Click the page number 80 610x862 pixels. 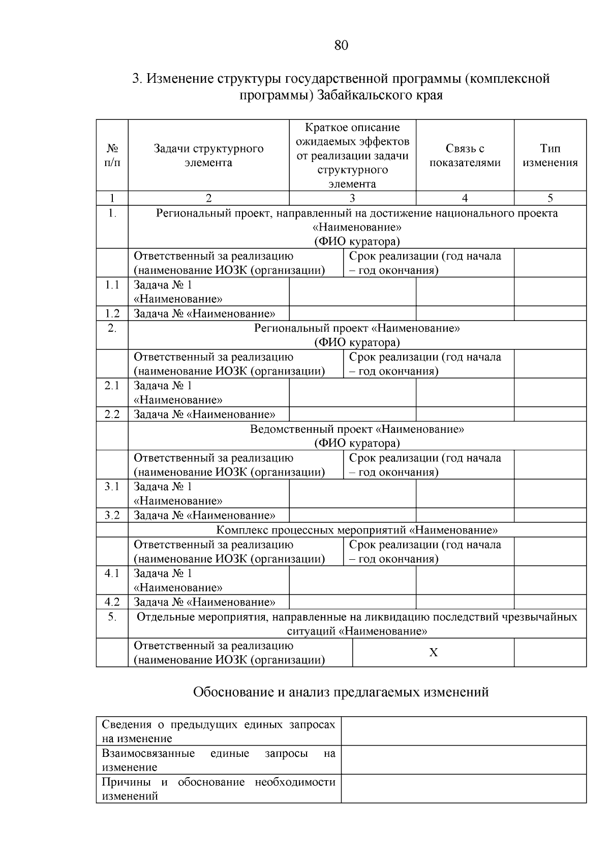(341, 46)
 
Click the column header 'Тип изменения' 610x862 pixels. (550, 155)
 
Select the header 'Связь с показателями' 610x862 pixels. (465, 155)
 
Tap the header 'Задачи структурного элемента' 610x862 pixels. (208, 155)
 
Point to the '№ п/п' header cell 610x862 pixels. (112, 155)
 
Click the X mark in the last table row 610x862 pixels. (433, 653)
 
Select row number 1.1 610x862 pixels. (112, 285)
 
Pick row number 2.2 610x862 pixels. (112, 414)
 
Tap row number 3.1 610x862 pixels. (112, 487)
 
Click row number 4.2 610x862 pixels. (112, 602)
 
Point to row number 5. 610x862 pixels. (112, 617)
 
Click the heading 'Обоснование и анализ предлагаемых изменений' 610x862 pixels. (341, 692)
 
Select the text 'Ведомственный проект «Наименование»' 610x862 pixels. (357, 429)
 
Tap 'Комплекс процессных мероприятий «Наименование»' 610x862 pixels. (357, 530)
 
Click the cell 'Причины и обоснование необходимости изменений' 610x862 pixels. (219, 789)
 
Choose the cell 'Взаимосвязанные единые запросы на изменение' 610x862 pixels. (219, 760)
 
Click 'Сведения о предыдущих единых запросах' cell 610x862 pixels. (219, 731)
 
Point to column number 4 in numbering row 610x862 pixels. (465, 198)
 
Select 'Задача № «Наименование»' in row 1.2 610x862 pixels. (204, 314)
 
